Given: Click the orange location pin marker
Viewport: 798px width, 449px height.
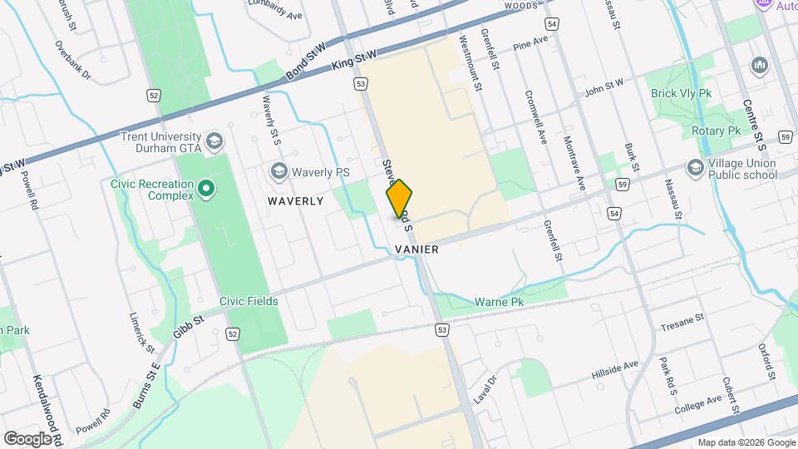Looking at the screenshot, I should tap(400, 199).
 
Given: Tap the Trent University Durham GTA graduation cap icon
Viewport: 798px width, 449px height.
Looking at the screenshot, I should tap(215, 141).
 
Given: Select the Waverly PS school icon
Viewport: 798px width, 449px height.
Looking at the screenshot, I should tap(278, 171).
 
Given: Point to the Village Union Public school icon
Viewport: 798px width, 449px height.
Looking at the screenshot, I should tap(694, 169).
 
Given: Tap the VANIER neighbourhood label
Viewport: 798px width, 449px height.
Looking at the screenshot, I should tap(417, 249).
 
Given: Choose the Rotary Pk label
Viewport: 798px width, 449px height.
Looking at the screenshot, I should tap(716, 131).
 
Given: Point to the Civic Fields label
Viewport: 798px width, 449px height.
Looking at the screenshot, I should tap(249, 301).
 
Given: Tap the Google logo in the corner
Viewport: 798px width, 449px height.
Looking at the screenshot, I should tap(27, 438).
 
